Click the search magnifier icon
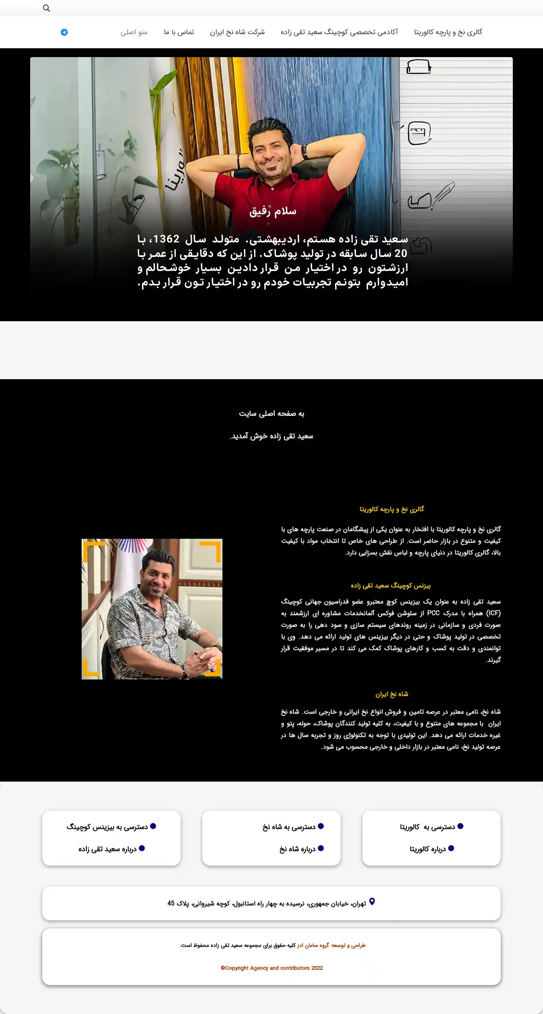pos(47,8)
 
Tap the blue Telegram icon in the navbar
pos(64,32)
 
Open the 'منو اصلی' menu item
pos(134,32)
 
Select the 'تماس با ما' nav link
pos(179,32)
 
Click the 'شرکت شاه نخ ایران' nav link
pos(237,32)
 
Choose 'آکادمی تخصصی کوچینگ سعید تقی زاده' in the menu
pos(339,32)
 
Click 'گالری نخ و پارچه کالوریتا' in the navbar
pos(448,32)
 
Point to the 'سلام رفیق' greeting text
pos(273,211)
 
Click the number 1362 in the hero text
pos(166,239)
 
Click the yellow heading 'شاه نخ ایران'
pos(392,694)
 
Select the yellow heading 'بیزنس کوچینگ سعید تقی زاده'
pos(391,586)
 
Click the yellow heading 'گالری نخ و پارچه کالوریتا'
pos(392,509)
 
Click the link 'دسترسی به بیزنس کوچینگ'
pos(107,827)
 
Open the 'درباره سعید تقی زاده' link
pos(107,849)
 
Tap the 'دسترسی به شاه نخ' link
pos(289,827)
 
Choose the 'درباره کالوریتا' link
pos(428,849)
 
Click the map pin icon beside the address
pos(372,902)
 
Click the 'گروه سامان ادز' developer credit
pos(313,945)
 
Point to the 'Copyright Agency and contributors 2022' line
pos(272,968)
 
